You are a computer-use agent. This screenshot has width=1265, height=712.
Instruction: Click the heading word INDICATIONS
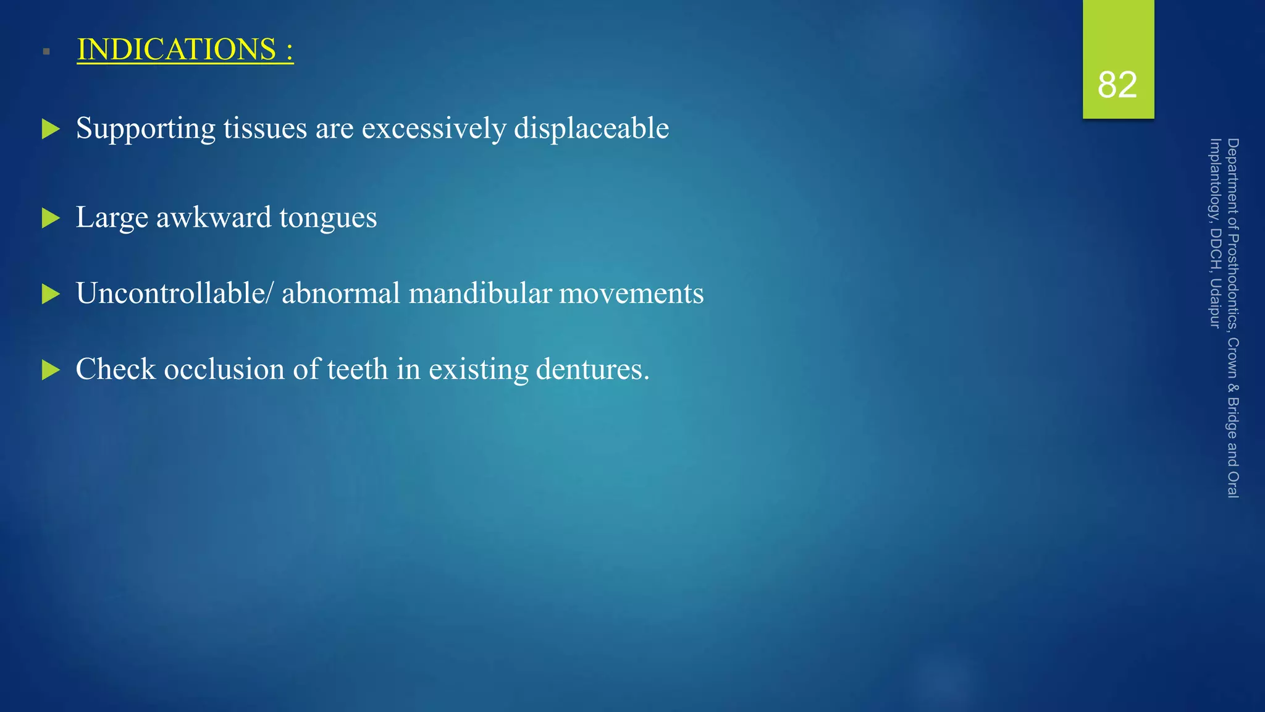pos(177,49)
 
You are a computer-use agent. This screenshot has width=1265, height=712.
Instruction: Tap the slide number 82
pos(1117,85)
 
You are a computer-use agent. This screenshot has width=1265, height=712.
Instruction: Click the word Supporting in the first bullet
pos(146,129)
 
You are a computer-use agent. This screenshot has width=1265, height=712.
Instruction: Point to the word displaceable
pos(591,129)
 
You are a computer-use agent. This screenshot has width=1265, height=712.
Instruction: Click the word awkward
pos(214,218)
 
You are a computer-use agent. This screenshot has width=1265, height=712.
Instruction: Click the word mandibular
pos(480,293)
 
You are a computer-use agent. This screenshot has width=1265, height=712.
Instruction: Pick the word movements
pos(631,294)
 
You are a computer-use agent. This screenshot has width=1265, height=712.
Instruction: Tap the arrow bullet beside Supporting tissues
pos(51,129)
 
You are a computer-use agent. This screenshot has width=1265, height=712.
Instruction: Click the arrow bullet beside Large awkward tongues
pos(51,218)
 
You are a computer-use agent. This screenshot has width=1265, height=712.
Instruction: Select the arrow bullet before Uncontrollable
pos(51,294)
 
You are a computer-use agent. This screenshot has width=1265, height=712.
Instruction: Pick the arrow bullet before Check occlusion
pos(51,370)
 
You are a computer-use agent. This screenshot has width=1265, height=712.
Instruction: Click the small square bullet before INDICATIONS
pos(46,51)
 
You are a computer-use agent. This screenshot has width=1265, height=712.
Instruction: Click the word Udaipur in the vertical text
pos(1215,303)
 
